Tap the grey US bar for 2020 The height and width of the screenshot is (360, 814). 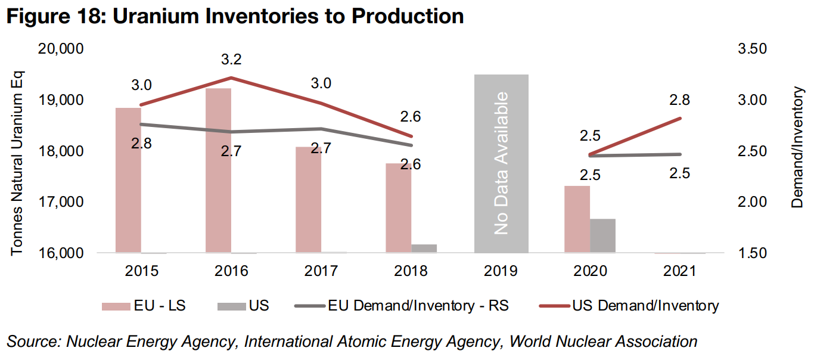[602, 236]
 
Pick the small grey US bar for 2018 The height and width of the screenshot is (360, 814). [423, 248]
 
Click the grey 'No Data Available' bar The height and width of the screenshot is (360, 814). [501, 163]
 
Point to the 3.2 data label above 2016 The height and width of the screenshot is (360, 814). [231, 60]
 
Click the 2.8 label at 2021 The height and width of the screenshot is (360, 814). [679, 100]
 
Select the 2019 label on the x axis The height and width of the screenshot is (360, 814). [501, 271]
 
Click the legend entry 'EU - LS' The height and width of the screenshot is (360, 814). [144, 306]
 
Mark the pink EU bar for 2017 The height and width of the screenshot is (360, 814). [308, 200]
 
